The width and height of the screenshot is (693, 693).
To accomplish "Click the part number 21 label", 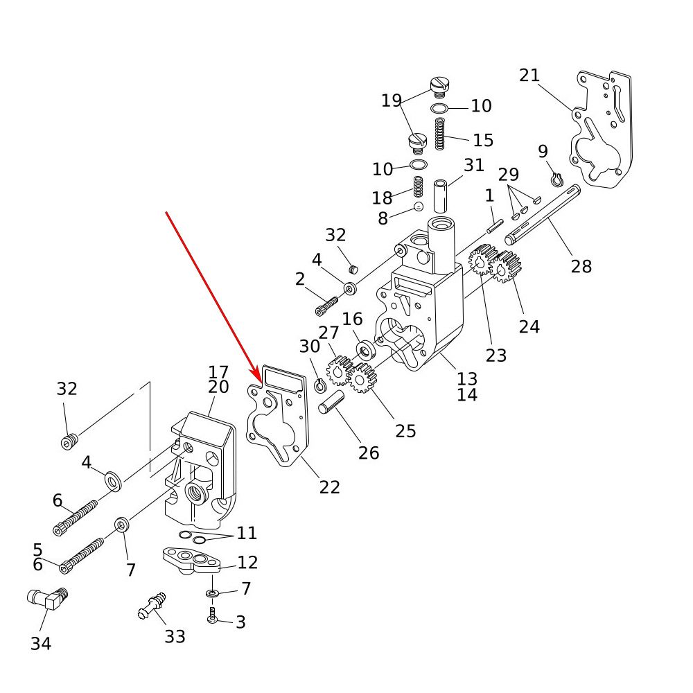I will click(x=529, y=76).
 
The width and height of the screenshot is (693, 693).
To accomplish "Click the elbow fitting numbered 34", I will click(x=47, y=599).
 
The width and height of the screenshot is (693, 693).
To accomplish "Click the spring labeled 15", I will click(x=439, y=134).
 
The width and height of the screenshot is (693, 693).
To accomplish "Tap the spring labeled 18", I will click(x=419, y=188).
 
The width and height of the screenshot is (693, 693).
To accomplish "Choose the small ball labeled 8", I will click(x=419, y=207).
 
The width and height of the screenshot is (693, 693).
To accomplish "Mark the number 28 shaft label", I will click(x=581, y=265).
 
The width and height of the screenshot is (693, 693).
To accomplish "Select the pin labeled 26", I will click(x=332, y=403).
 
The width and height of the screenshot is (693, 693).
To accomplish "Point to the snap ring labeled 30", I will click(x=321, y=384).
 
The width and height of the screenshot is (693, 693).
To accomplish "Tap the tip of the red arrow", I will click(x=261, y=380).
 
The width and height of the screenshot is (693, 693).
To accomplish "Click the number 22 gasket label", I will click(x=330, y=487).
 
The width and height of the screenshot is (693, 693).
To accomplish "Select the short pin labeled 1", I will click(x=493, y=226).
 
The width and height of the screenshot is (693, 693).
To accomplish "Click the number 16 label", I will click(x=352, y=319).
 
